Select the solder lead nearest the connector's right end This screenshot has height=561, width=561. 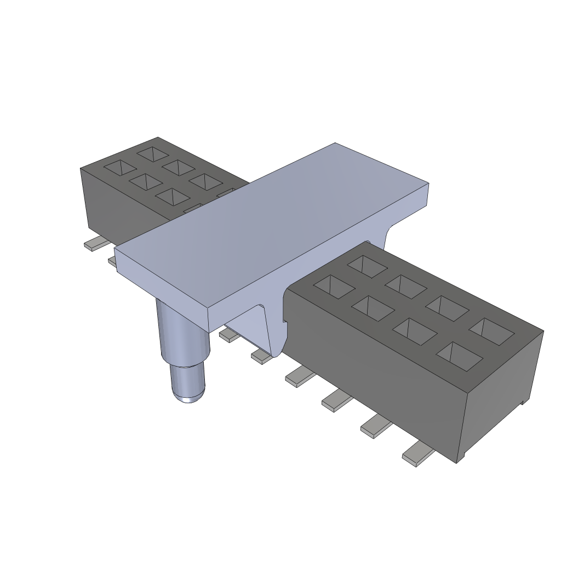[x=417, y=455]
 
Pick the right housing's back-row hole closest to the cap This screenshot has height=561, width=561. [x=367, y=265]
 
